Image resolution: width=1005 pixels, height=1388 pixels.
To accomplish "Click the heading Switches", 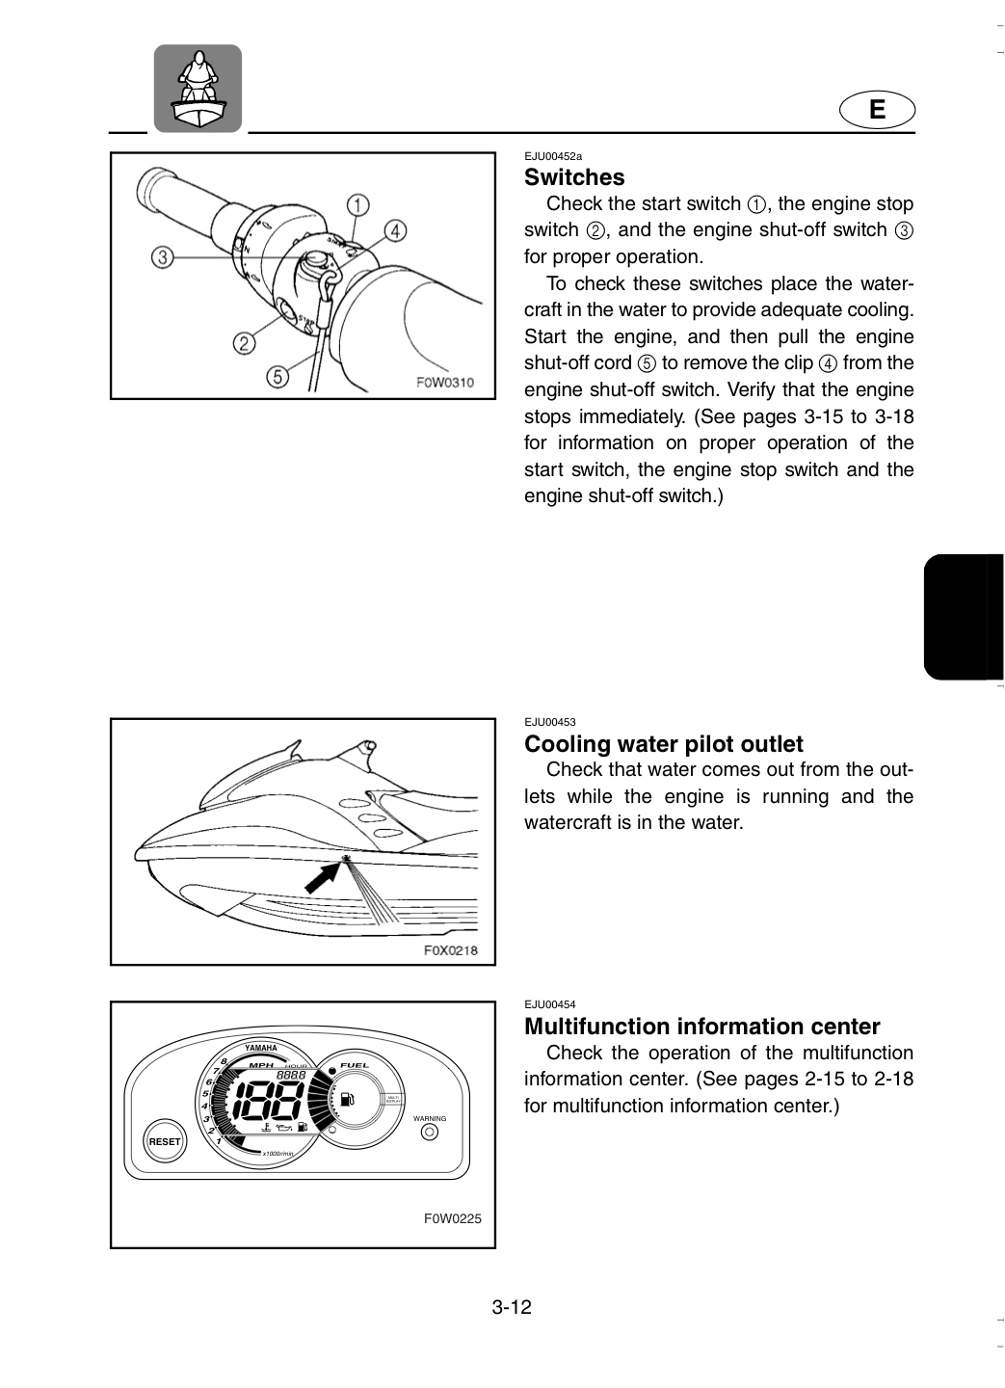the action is [x=574, y=177].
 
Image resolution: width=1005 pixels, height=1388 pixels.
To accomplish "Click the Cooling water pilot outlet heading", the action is [x=664, y=743].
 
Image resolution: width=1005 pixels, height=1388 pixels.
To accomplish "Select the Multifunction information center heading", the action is [x=702, y=1027].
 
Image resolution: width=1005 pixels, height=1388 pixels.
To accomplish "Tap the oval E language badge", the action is [x=877, y=110].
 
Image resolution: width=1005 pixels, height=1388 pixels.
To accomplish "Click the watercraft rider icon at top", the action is [x=198, y=89].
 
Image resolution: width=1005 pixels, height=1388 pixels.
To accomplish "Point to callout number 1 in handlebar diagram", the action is [x=357, y=205].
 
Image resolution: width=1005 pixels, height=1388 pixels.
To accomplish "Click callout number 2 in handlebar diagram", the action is [x=244, y=343].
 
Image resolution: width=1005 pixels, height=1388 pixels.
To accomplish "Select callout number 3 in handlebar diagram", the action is [x=162, y=257].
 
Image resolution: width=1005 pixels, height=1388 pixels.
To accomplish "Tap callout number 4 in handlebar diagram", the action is [x=395, y=231].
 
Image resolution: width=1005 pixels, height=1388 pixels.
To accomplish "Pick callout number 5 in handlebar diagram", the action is [x=278, y=376].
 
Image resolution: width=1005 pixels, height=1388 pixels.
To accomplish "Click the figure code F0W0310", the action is [x=445, y=383].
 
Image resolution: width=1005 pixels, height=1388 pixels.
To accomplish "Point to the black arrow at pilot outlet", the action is [x=324, y=877].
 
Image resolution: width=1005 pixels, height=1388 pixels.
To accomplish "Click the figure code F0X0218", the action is [x=450, y=950].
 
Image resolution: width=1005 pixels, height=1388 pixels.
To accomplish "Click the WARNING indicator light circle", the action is [x=430, y=1132].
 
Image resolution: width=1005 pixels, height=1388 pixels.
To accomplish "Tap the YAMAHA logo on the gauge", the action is [x=261, y=1048].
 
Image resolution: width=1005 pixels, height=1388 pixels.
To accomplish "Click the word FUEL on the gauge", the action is [x=355, y=1065].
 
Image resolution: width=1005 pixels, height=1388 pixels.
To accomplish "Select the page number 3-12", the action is [x=512, y=1307].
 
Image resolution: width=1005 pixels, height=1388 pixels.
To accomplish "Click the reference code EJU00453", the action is [x=550, y=722].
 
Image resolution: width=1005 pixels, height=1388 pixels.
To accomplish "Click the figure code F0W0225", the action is [x=452, y=1218].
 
